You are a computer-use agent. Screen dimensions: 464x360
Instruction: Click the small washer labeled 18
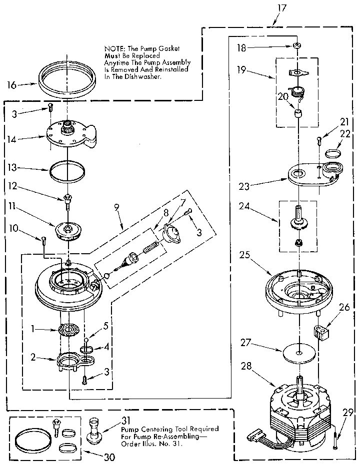(297, 46)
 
